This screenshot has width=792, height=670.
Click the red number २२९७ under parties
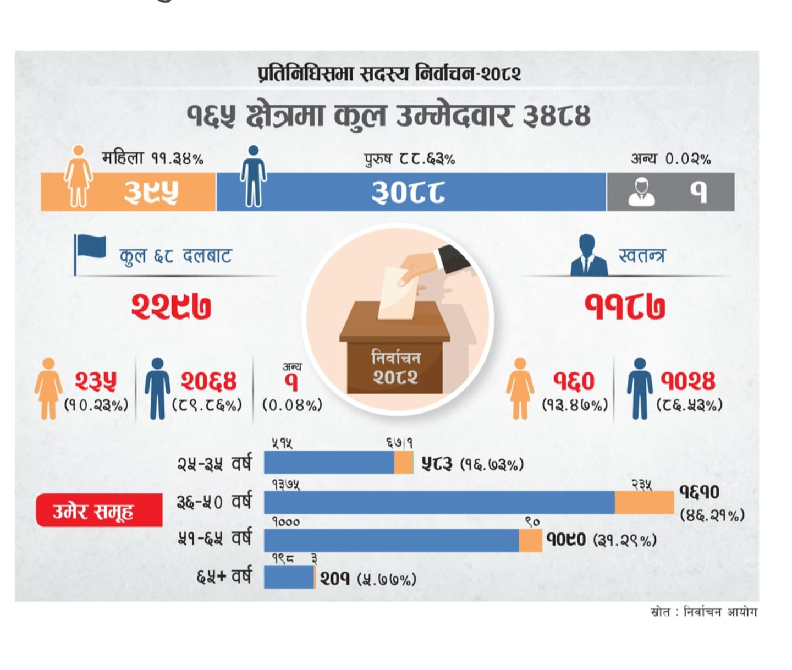[x=171, y=306]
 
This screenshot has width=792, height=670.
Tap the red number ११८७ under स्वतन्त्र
[x=625, y=306]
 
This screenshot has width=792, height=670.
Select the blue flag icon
[x=90, y=249]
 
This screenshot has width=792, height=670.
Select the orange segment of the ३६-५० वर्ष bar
[x=643, y=503]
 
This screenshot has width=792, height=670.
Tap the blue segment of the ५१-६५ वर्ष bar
[x=391, y=541]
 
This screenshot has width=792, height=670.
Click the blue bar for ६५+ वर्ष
[x=288, y=577]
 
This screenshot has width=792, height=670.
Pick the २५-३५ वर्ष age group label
[x=214, y=464]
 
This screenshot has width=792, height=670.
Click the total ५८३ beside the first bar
[x=437, y=464]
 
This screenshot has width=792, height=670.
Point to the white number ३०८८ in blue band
[x=408, y=193]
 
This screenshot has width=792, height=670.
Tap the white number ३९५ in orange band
[x=151, y=193]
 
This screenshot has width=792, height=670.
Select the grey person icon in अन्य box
[x=641, y=193]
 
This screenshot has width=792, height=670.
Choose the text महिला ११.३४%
[x=152, y=159]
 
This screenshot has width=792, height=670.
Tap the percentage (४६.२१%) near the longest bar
[x=712, y=515]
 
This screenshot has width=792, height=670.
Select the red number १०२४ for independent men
[x=688, y=381]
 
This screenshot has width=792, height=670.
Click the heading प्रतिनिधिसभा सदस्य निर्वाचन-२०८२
[x=389, y=74]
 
